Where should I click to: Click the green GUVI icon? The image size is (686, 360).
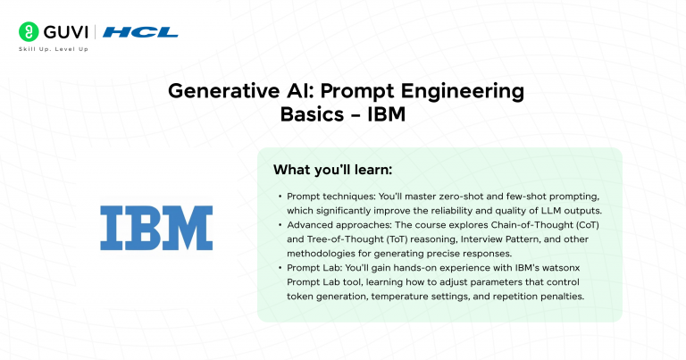[28, 32]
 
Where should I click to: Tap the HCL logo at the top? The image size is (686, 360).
[141, 32]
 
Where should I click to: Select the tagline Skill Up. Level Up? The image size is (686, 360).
[54, 48]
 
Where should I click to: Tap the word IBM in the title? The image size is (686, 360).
[386, 115]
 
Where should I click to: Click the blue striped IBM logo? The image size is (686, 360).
[155, 228]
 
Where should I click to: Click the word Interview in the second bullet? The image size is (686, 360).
[485, 239]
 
